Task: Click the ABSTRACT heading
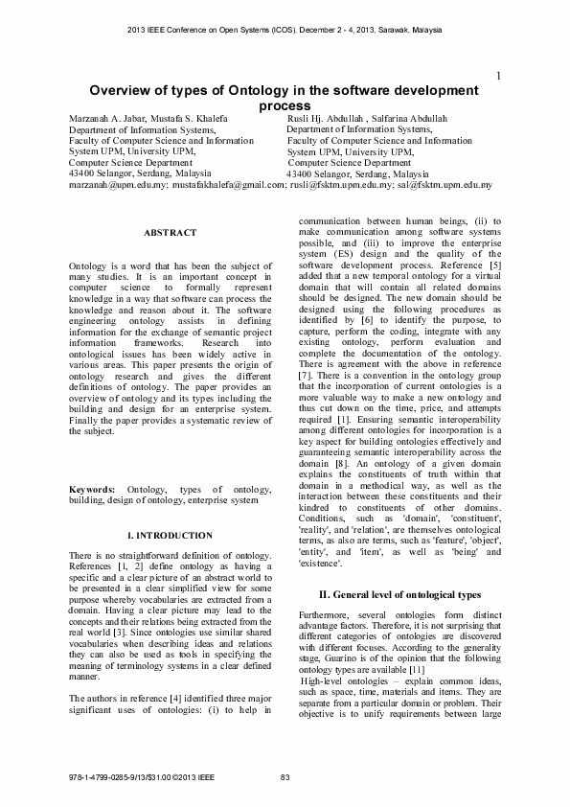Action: [170, 233]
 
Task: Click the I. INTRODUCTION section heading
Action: [170, 535]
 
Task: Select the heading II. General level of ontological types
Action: [399, 594]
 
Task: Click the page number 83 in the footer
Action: [285, 776]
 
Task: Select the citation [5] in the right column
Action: [494, 264]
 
